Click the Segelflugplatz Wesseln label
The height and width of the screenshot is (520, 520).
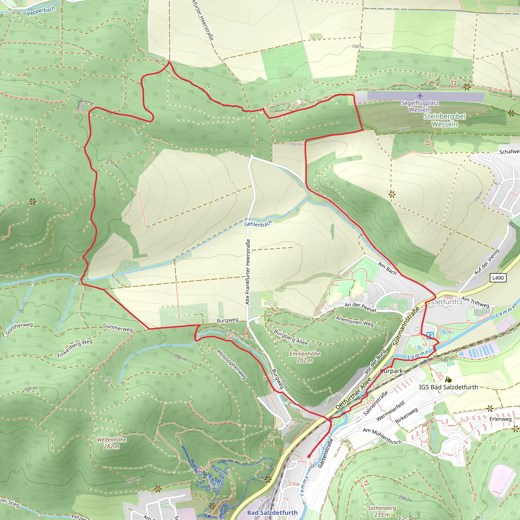click(x=420, y=106)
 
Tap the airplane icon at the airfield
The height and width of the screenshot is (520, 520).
click(x=420, y=95)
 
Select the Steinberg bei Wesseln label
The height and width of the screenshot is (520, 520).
click(x=444, y=120)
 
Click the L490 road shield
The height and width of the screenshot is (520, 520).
click(x=498, y=278)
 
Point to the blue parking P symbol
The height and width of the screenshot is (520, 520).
click(x=430, y=336)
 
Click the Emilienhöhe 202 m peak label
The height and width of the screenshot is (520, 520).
click(x=305, y=357)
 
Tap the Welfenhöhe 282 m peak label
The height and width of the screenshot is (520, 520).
click(x=111, y=443)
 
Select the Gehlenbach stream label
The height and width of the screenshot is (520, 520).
click(x=258, y=224)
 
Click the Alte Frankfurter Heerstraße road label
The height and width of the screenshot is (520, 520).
click(x=248, y=272)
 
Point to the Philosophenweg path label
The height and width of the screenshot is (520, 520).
click(x=232, y=364)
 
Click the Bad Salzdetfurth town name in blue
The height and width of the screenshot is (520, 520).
click(x=272, y=512)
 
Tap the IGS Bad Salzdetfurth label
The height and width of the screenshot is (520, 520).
click(x=448, y=387)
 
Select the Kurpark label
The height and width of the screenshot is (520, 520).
click(x=391, y=371)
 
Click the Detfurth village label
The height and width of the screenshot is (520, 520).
click(x=445, y=302)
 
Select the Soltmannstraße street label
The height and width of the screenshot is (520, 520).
click(x=406, y=326)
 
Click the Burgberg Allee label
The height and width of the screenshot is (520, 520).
click(x=291, y=337)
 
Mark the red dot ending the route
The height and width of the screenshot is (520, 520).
click(x=309, y=457)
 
